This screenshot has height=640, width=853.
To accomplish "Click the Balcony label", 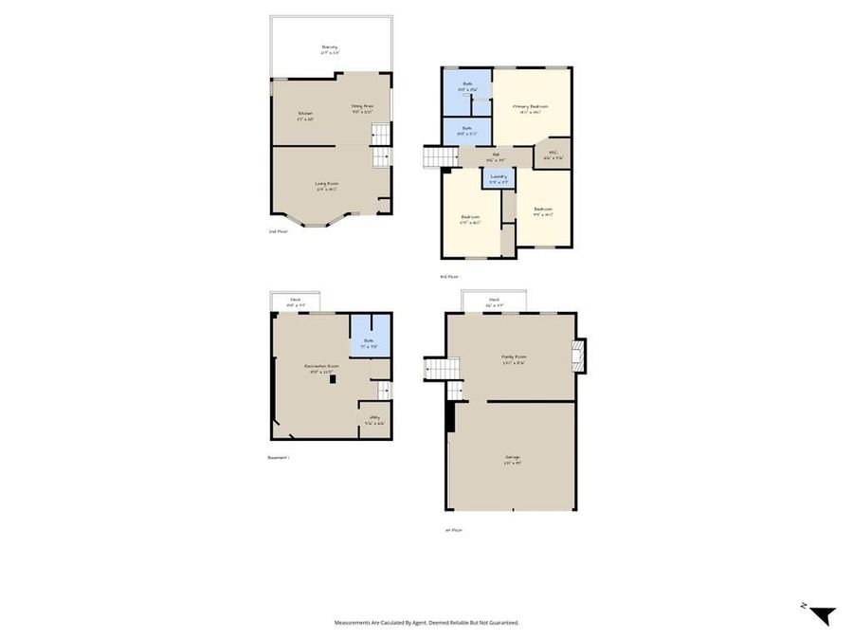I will (329, 46).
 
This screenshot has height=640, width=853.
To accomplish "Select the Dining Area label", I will (363, 107).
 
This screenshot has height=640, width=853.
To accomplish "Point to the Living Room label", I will (327, 185).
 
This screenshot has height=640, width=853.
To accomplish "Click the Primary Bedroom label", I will (531, 107).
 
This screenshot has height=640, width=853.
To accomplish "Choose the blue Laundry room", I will (499, 177).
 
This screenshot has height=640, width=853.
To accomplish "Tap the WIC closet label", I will (552, 155).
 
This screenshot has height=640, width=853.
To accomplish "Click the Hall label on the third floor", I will (496, 155).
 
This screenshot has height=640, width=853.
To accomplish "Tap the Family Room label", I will (514, 358).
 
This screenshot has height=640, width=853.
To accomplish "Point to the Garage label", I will (512, 459).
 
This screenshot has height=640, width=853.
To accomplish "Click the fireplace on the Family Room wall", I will (579, 356).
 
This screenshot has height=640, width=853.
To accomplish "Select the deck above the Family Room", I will (495, 301).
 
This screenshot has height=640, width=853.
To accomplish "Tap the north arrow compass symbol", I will (823, 613).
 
